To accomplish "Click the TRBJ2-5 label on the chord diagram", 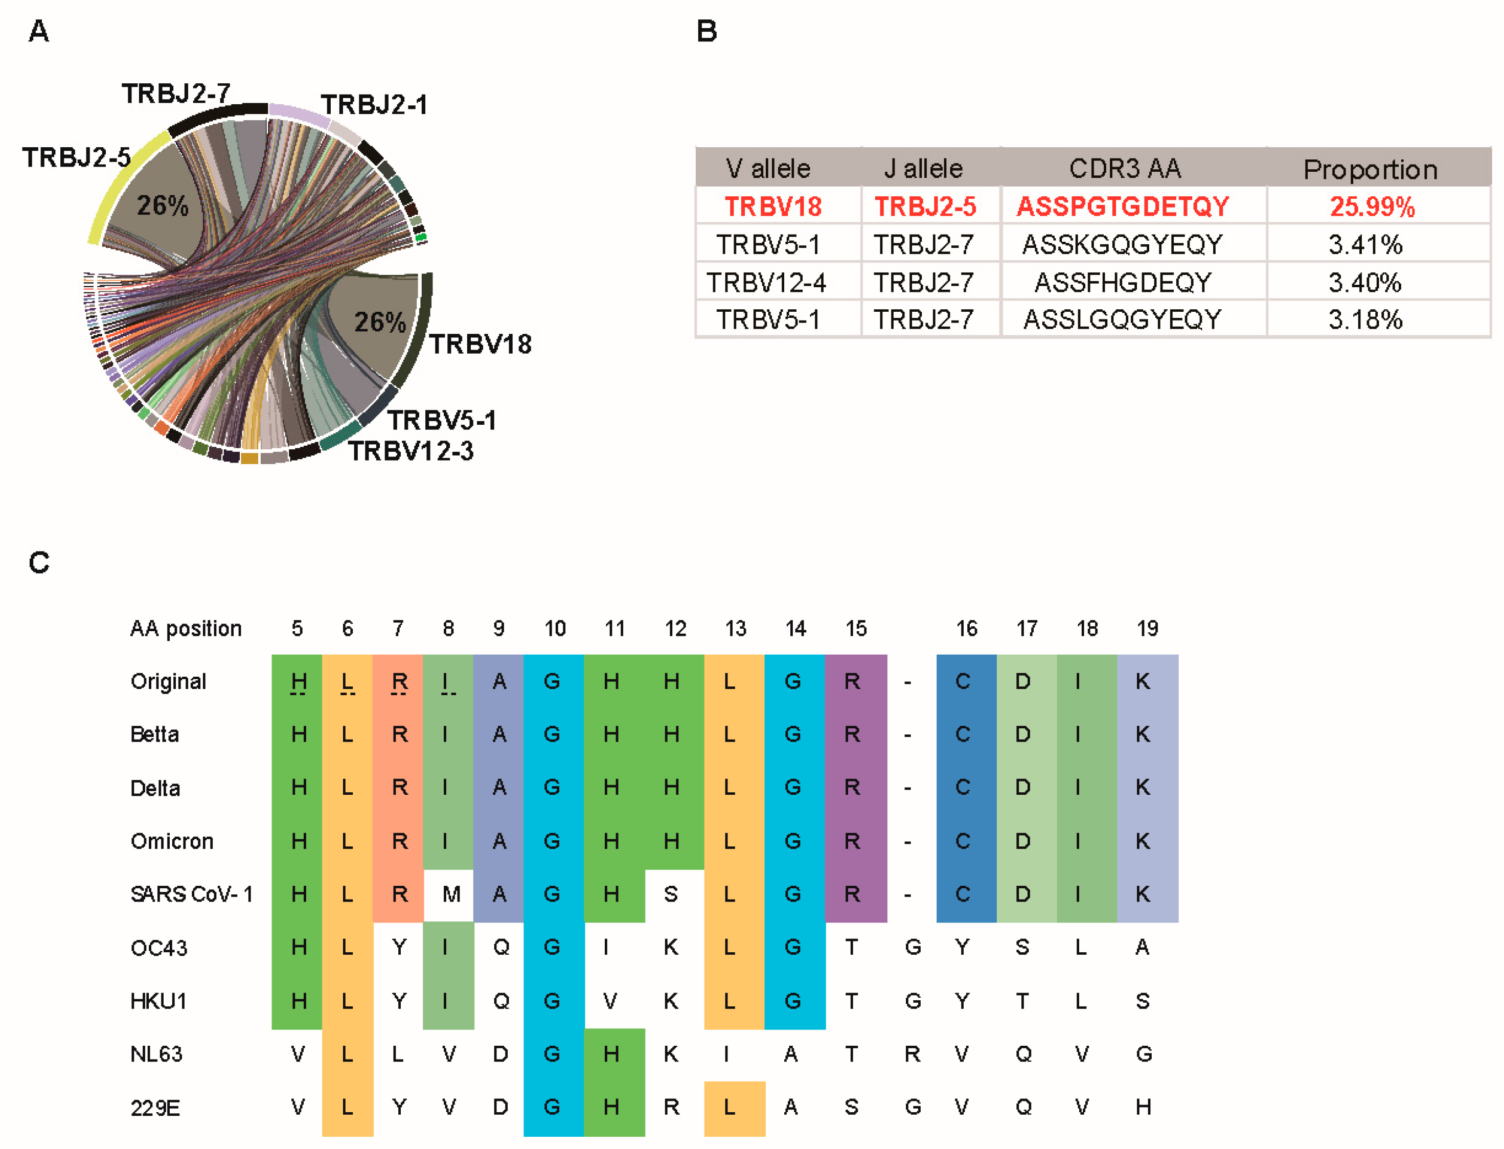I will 76,157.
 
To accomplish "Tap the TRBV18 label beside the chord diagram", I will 480,344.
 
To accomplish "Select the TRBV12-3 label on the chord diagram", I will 411,451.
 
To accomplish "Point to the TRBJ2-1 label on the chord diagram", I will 374,105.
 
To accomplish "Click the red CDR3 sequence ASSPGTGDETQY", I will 1122,206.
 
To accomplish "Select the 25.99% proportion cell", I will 1371,206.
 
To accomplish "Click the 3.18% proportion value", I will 1365,319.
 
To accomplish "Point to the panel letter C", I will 39,562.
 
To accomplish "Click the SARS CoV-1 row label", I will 192,894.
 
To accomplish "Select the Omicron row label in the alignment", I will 172,841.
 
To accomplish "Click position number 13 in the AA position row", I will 735,628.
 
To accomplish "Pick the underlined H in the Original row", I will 298,681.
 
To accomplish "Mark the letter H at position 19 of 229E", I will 1143,1107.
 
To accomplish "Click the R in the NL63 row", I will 911,1054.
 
